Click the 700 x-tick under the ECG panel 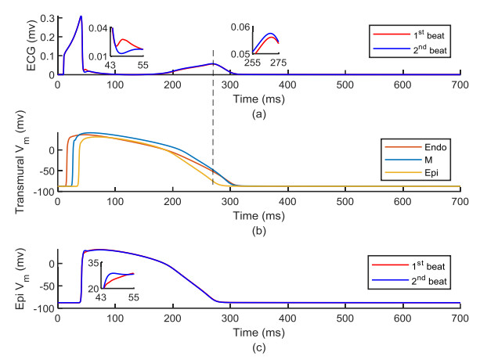[459, 85]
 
